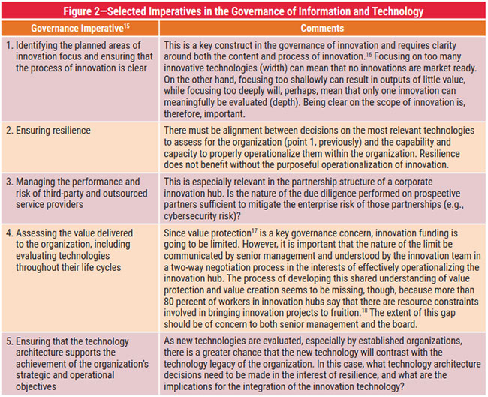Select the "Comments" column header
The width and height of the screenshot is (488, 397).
click(321, 28)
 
